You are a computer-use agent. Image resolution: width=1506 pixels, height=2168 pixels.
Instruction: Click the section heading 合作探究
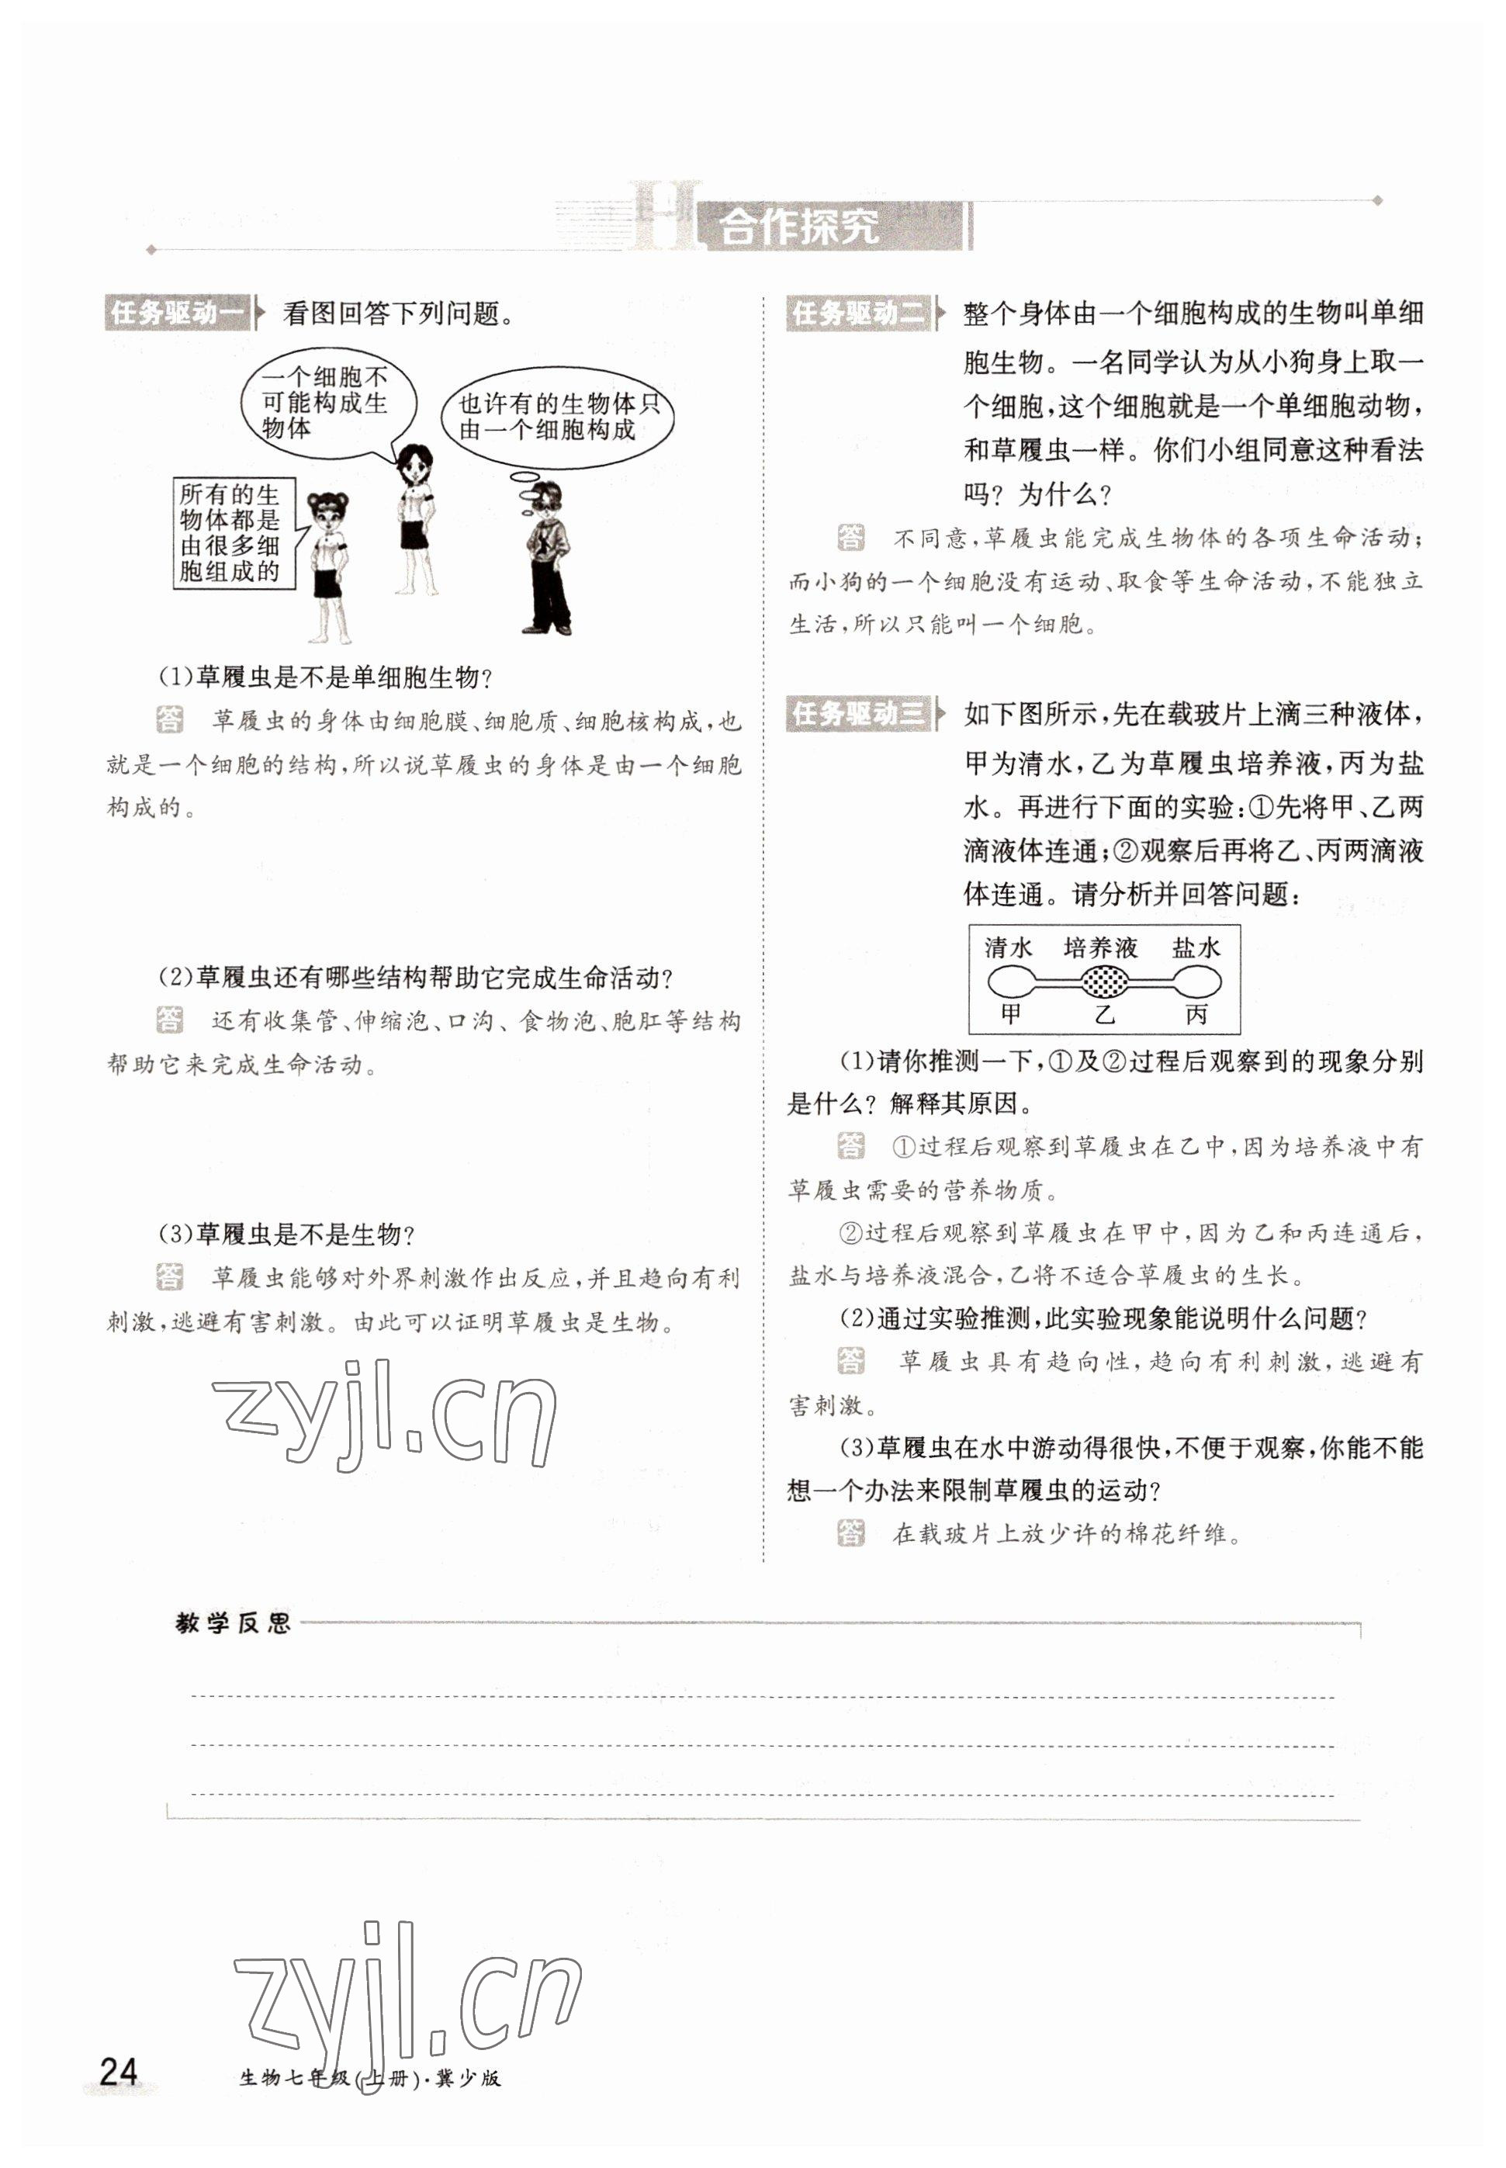[798, 227]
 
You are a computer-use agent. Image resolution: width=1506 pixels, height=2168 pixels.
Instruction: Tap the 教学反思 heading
[233, 1623]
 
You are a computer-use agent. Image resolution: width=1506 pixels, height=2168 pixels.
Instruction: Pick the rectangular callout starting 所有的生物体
[233, 533]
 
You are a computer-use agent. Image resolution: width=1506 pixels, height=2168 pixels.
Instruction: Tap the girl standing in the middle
[415, 519]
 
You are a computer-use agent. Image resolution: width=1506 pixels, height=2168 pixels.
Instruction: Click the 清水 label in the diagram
[1009, 947]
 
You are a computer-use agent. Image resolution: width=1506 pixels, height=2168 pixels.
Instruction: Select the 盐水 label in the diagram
[1196, 947]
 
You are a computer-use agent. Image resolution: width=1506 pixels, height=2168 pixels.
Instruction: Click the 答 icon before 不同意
[850, 538]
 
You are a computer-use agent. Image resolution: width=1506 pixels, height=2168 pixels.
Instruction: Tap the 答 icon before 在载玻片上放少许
[850, 1533]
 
